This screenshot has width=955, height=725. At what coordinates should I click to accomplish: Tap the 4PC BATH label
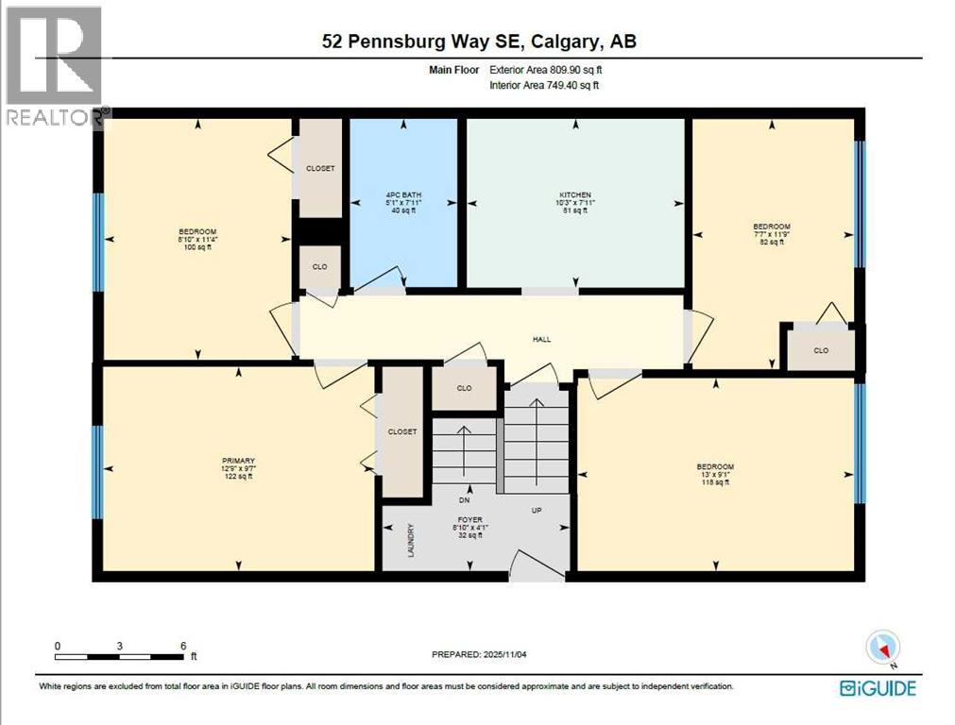(402, 195)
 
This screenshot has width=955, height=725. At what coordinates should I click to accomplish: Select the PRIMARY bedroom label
(237, 462)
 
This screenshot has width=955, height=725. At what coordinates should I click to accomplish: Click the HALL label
(541, 339)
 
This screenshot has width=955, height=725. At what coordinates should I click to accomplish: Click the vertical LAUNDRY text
(411, 542)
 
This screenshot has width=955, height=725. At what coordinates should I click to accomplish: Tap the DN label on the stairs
(464, 499)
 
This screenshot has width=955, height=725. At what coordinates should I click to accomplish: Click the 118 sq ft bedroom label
(715, 467)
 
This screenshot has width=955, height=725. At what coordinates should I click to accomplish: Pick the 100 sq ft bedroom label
(197, 232)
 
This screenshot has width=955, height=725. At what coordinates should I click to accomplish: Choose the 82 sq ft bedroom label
(771, 227)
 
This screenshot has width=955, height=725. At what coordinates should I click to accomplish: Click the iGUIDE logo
(878, 688)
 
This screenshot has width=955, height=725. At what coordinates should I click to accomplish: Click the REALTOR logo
(54, 66)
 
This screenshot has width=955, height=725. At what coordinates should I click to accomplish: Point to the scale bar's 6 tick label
(182, 647)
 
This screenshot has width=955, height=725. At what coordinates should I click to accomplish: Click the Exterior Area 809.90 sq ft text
(545, 69)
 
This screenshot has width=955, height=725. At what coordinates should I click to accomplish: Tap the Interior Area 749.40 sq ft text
(544, 85)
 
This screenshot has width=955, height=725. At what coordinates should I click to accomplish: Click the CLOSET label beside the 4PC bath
(320, 168)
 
